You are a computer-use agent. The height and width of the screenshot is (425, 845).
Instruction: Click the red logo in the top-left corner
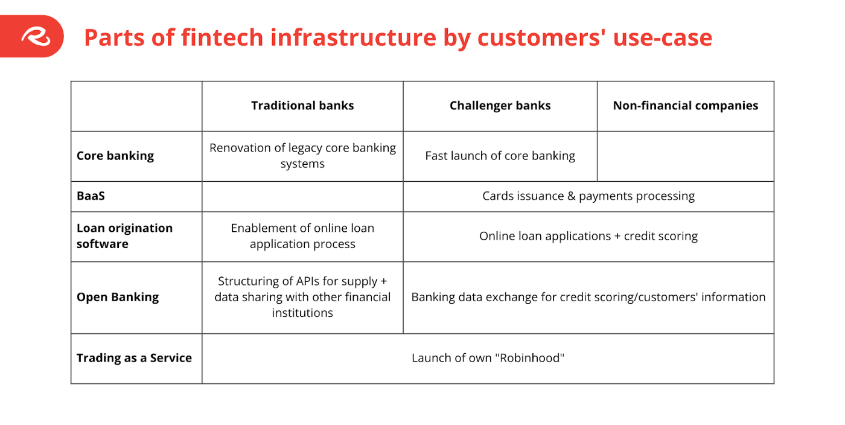pos(31,36)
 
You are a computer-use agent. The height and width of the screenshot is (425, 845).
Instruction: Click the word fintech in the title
pos(222,37)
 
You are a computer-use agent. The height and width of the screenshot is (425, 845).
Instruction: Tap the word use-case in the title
pos(663,38)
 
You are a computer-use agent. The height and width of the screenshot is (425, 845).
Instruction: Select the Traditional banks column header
pos(302,106)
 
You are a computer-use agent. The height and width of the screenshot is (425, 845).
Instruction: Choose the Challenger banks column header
pos(500,106)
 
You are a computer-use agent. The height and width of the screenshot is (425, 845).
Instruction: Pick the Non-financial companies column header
pos(686,106)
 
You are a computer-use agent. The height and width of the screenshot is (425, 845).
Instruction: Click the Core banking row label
pos(115,156)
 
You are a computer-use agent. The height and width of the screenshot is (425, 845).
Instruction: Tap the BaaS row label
pos(91,196)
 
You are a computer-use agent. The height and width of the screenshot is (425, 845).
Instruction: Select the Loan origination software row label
pos(124,236)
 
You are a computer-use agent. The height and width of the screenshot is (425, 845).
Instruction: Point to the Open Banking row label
pos(117,298)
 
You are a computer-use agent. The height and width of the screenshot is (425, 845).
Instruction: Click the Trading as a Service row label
pos(134,358)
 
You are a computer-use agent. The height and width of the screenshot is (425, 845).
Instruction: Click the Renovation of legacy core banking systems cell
pos(302,156)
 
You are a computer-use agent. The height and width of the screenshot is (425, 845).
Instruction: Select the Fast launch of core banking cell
pos(500,156)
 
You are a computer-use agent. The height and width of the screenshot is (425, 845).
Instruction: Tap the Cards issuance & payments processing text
pos(588,196)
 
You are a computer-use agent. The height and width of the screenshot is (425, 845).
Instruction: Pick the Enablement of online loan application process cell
pos(302,236)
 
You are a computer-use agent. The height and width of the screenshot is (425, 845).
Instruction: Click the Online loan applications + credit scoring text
pos(588,236)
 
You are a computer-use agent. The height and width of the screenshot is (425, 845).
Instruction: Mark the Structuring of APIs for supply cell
pos(302,297)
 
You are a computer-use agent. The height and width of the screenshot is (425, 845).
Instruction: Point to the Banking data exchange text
pos(588,298)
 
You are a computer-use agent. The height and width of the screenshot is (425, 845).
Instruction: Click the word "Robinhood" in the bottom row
pos(532,358)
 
